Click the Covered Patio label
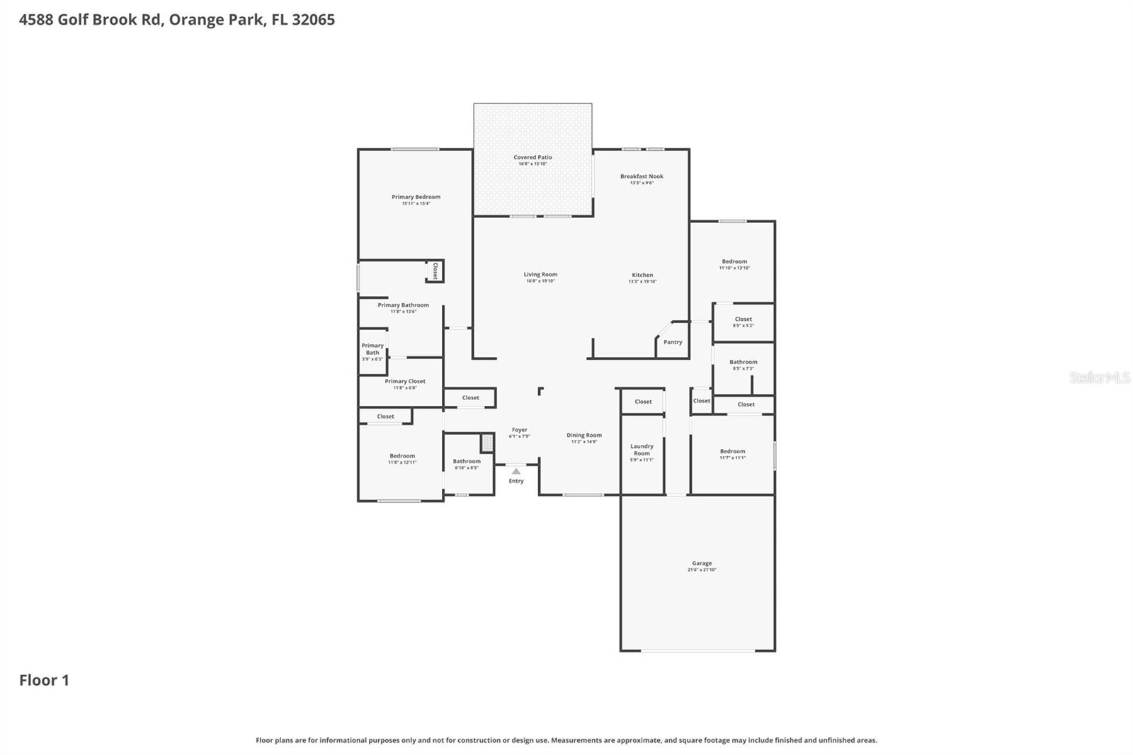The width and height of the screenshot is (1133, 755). pos(533,157)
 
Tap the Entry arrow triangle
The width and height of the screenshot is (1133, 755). pos(516,471)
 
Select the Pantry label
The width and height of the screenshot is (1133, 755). pos(673,342)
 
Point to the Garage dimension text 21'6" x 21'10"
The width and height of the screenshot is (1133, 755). pos(702,570)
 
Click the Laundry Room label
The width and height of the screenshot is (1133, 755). pos(642,450)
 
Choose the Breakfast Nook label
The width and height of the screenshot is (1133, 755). pos(642,176)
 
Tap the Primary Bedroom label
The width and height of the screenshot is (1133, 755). pos(416,197)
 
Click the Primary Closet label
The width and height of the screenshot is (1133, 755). pos(405,381)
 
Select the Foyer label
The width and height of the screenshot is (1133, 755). pos(520,430)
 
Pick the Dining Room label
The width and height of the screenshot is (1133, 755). pos(584,435)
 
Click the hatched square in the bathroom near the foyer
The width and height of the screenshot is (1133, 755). pos(487,443)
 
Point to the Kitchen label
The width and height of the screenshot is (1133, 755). pos(642,275)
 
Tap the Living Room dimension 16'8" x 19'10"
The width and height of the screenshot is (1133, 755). pos(540,281)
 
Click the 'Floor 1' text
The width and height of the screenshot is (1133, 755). pos(44,680)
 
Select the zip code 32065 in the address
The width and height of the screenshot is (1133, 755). pos(313,19)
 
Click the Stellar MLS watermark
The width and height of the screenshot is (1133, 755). pos(1099,377)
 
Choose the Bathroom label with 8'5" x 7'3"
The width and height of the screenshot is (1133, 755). pos(743,362)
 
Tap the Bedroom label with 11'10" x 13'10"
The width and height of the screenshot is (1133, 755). pos(734,261)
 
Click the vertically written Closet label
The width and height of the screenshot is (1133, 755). pos(435,271)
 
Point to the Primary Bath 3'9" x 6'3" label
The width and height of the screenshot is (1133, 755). pos(372,349)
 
